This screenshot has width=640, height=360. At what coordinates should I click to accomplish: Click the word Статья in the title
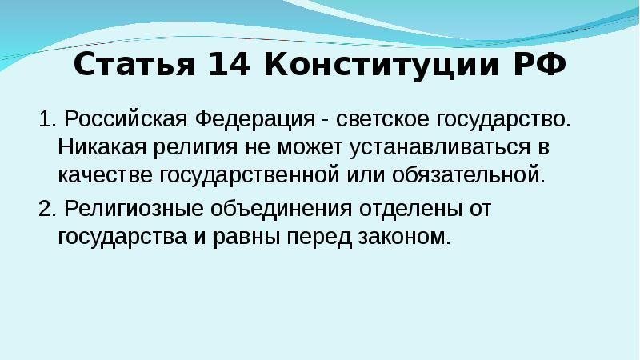point(134,64)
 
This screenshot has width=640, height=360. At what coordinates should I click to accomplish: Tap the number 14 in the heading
point(229,64)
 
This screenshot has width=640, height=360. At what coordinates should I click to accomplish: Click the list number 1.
point(47,119)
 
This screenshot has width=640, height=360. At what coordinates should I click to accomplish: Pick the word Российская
point(126,119)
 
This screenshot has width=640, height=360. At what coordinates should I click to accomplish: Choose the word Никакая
point(102,147)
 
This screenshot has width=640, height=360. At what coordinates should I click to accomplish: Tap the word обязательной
point(469,175)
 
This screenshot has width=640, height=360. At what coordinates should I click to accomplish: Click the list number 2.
point(47,208)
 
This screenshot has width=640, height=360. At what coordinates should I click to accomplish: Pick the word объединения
point(282,209)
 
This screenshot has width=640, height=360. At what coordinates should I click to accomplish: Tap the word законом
point(405,238)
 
